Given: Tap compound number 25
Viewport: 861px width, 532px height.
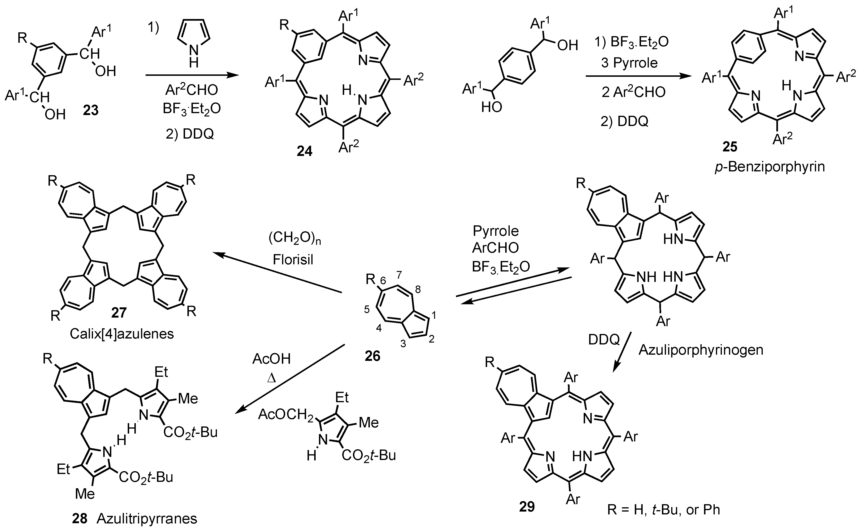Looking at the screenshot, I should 730,146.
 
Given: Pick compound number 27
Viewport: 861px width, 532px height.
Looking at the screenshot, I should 119,312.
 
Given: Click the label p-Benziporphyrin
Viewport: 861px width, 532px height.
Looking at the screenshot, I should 769,166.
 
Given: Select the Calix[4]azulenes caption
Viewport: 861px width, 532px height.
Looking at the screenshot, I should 122,334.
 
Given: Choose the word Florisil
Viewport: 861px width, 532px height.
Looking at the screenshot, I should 293,260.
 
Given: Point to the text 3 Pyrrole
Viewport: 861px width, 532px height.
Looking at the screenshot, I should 630,63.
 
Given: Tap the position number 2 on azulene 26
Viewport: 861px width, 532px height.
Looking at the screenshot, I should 431,339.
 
